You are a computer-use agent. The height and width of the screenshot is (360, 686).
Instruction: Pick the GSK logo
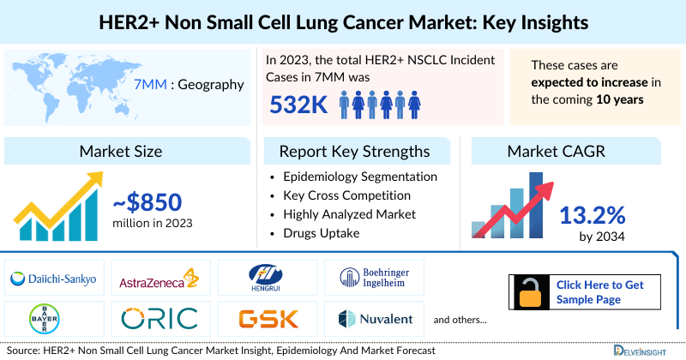click(268, 319)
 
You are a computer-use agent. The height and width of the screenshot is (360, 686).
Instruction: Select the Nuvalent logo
click(375, 319)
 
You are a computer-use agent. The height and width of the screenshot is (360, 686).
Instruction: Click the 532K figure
click(297, 105)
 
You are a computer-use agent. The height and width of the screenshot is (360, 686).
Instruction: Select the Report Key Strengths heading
click(354, 152)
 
